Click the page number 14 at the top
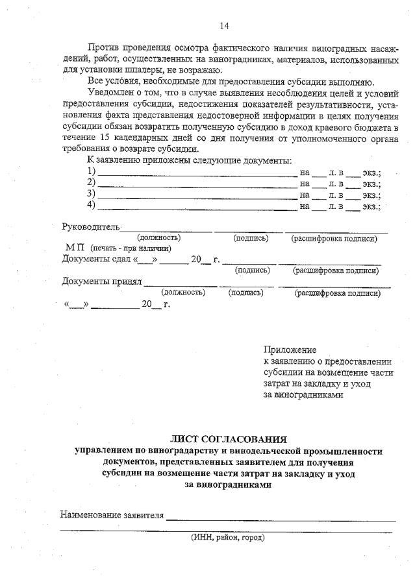[x=224, y=26]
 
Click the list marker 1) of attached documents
[x=92, y=171]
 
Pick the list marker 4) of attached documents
[x=92, y=206]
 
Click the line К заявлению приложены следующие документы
[x=189, y=160]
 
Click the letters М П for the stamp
[x=75, y=248]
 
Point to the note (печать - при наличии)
[x=131, y=248]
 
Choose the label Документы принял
[x=101, y=282]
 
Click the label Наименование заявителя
[x=111, y=515]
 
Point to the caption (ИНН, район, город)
[x=227, y=537]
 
